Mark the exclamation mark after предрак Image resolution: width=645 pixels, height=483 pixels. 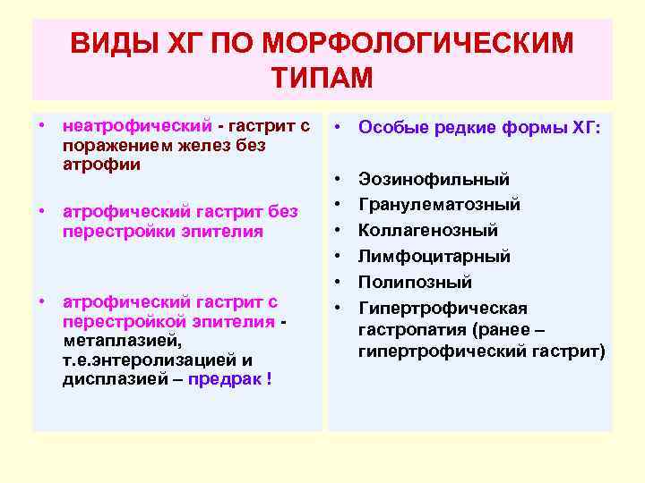pyautogui.click(x=270, y=378)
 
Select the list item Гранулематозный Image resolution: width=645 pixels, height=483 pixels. pyautogui.click(x=439, y=205)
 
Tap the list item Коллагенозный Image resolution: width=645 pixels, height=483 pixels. pyautogui.click(x=428, y=231)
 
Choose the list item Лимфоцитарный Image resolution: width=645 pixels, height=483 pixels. pyautogui.click(x=434, y=257)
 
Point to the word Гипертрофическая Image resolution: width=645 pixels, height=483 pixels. pyautogui.click(x=443, y=309)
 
